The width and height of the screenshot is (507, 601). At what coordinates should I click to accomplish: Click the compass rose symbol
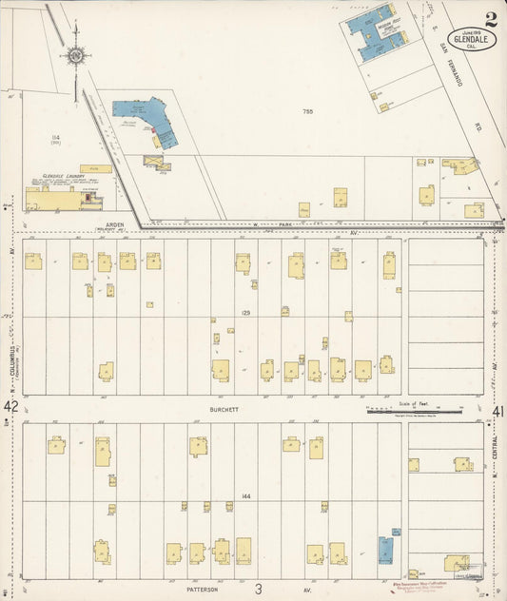75,53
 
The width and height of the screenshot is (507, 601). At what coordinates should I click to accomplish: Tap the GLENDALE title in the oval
474,39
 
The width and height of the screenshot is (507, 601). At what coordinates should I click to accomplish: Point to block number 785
307,112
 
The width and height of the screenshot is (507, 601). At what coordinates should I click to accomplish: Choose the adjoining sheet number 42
11,407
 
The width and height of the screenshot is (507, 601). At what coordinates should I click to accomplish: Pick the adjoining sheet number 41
497,411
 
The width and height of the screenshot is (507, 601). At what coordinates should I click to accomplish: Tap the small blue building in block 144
385,549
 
